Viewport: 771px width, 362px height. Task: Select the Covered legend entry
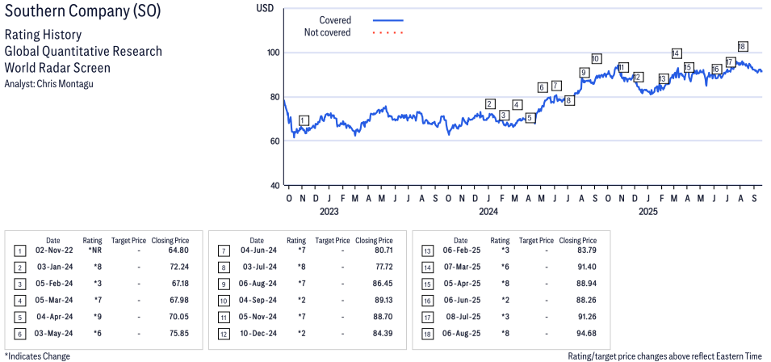click(x=334, y=19)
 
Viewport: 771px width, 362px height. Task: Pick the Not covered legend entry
click(x=327, y=32)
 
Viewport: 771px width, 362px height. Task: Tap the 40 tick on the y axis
click(x=274, y=185)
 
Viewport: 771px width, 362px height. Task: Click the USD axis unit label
click(x=265, y=7)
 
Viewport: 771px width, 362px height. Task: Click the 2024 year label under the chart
click(x=488, y=212)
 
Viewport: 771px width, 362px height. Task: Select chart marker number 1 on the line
click(x=303, y=120)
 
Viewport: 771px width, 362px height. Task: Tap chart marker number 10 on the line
click(x=596, y=58)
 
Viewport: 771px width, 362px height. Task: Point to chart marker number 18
click(x=742, y=46)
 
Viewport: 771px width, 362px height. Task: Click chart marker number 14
click(x=676, y=53)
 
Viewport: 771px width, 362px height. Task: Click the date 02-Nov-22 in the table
click(x=52, y=250)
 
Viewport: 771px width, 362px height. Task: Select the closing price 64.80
click(x=178, y=250)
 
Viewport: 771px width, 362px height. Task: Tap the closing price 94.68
click(x=585, y=333)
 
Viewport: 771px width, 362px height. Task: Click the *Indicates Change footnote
click(x=38, y=356)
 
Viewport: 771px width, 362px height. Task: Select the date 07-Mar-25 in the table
click(x=460, y=267)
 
